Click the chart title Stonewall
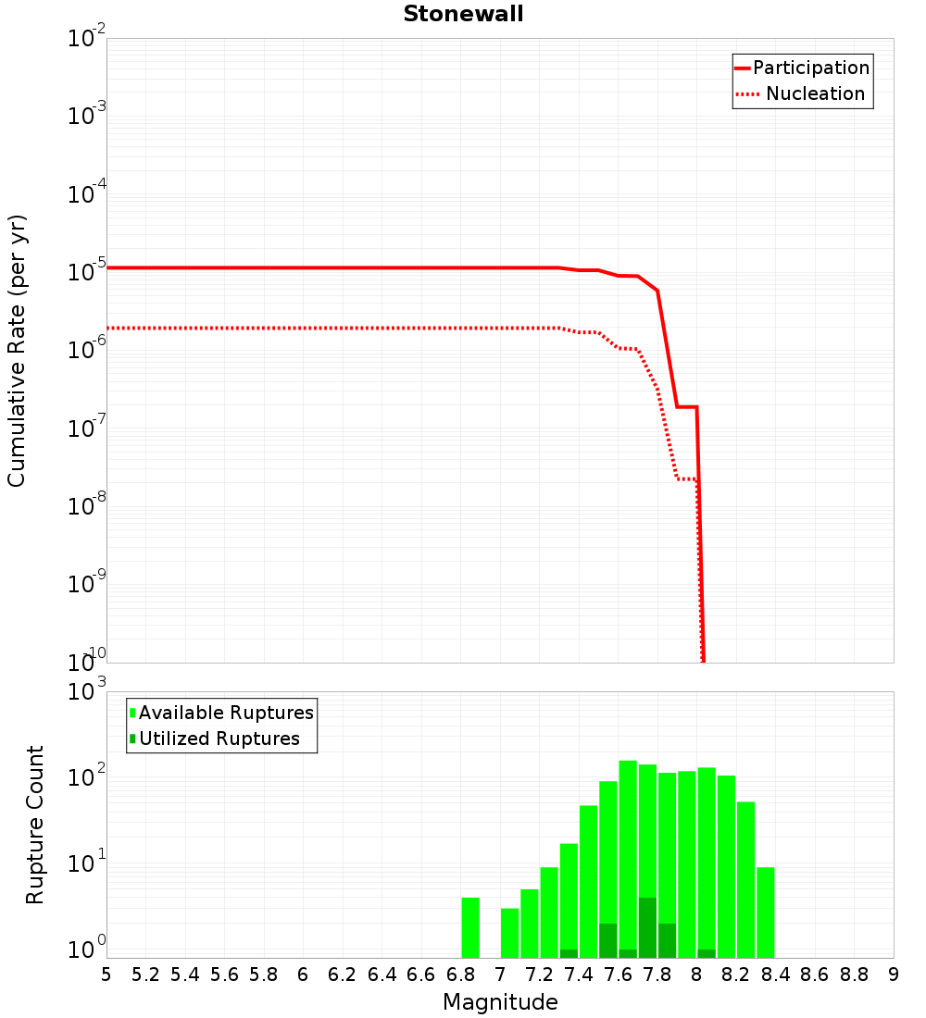(x=463, y=14)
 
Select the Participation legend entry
(x=810, y=68)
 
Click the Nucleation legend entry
(x=814, y=93)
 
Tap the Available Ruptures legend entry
(x=226, y=713)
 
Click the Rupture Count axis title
(x=35, y=825)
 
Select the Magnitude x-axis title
(x=500, y=1002)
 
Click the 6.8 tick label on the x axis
(x=459, y=975)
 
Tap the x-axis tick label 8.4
(x=775, y=975)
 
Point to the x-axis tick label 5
(x=106, y=975)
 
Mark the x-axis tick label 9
(x=893, y=975)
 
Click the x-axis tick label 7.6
(x=618, y=975)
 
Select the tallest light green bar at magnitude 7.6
(x=628, y=851)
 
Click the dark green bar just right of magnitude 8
(x=707, y=953)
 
